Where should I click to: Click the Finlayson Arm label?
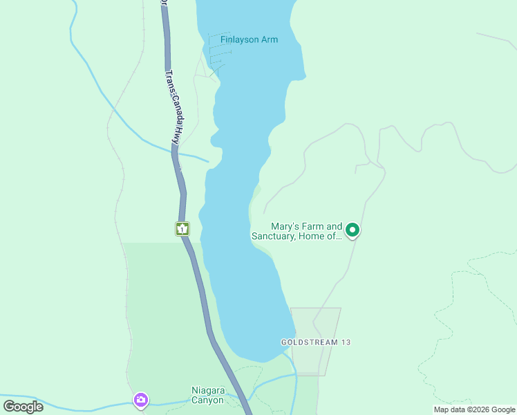pos(249,39)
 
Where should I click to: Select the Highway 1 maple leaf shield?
pos(182,229)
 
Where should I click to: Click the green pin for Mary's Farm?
pos(352,230)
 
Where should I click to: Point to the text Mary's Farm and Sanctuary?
pos(297,231)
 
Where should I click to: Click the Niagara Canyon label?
pos(207,395)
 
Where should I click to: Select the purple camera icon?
pos(141,400)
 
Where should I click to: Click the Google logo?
pos(23,406)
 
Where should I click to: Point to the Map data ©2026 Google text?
pos(473,409)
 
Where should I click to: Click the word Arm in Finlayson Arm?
pos(269,39)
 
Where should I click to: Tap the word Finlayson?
pos(239,39)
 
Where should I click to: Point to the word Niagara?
pos(207,390)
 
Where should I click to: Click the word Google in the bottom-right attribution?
pos(500,409)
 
